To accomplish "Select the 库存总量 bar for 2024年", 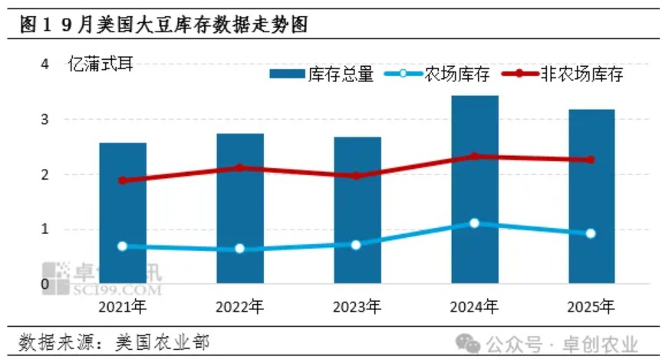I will pyautogui.click(x=474, y=192).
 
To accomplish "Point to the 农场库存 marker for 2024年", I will pyautogui.click(x=474, y=223).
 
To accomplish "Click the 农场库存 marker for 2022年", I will pyautogui.click(x=239, y=249).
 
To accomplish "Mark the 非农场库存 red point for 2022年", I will pyautogui.click(x=239, y=167).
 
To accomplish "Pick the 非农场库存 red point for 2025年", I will pyautogui.click(x=591, y=160).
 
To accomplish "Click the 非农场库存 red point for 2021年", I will pyautogui.click(x=123, y=180).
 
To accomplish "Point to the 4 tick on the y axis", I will pyautogui.click(x=45, y=64).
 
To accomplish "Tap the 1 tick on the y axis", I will pyautogui.click(x=45, y=229).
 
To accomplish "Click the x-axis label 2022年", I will pyautogui.click(x=239, y=307).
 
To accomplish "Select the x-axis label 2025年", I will pyautogui.click(x=591, y=307).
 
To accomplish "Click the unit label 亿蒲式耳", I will pyautogui.click(x=100, y=64).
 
